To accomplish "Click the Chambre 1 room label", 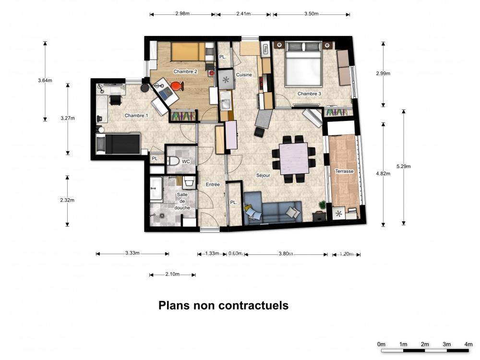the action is pyautogui.click(x=136, y=115).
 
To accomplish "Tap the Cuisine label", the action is pyautogui.click(x=244, y=75).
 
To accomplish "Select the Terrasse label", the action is pyautogui.click(x=344, y=171).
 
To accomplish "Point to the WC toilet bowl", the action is pyautogui.click(x=173, y=161).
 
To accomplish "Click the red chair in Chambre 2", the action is pyautogui.click(x=177, y=86).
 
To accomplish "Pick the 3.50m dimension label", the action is pyautogui.click(x=312, y=14).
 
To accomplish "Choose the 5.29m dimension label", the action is pyautogui.click(x=404, y=166).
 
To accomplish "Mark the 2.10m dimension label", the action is pyautogui.click(x=172, y=274).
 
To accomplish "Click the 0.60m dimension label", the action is pyautogui.click(x=235, y=253).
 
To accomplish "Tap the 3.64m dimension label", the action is pyautogui.click(x=45, y=81).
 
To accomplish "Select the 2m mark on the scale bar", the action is pyautogui.click(x=425, y=344).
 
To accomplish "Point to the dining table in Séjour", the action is pyautogui.click(x=294, y=158).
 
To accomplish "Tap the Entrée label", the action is pyautogui.click(x=213, y=184).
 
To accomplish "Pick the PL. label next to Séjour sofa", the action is pyautogui.click(x=234, y=203).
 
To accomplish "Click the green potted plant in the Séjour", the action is pyautogui.click(x=322, y=204).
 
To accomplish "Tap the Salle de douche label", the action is pyautogui.click(x=182, y=201).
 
